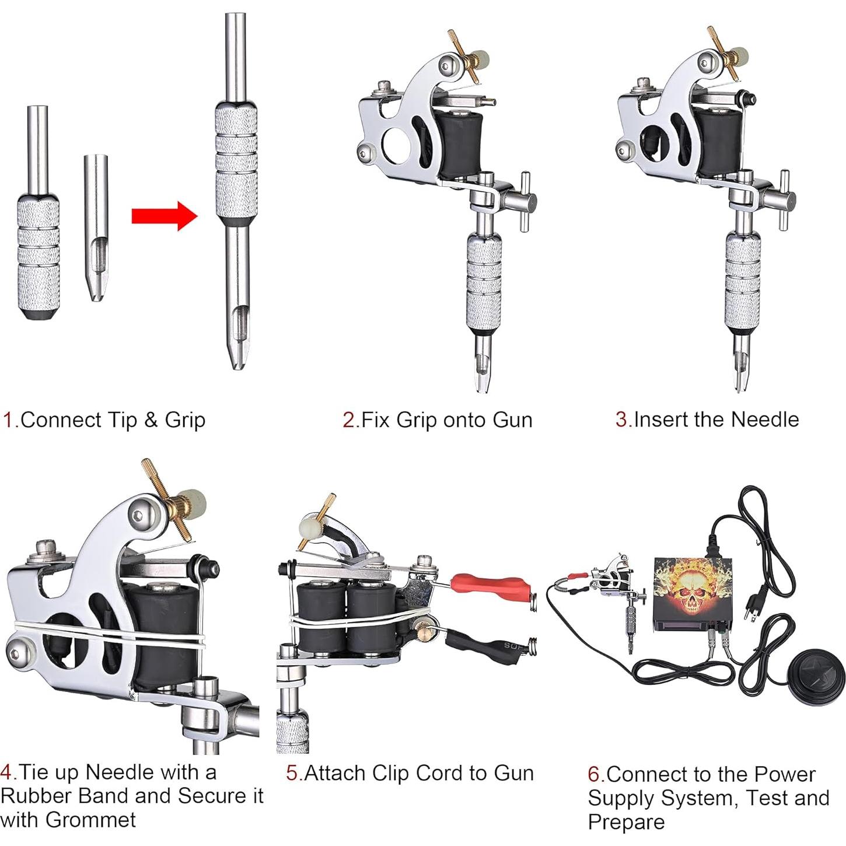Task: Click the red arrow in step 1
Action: [x=163, y=216]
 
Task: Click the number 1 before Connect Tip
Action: [x=8, y=420]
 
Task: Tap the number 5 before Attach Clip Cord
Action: [x=292, y=773]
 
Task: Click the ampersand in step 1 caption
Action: [x=151, y=420]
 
